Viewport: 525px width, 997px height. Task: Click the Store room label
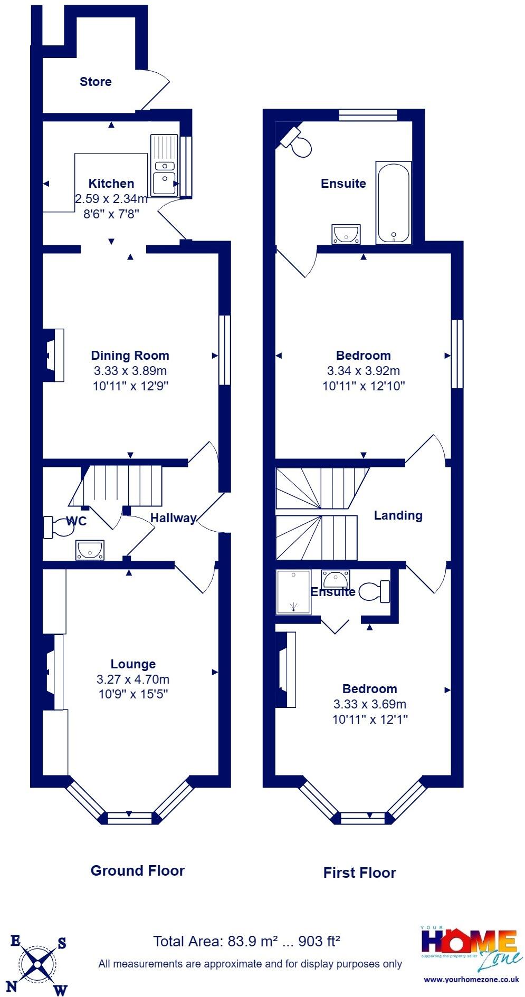click(x=96, y=82)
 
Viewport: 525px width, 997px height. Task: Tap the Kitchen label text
click(x=111, y=184)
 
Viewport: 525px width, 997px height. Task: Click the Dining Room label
click(x=130, y=356)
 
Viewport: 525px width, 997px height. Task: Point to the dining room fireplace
click(x=53, y=355)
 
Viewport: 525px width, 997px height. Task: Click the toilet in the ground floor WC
click(x=58, y=527)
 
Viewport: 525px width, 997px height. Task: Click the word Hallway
click(x=173, y=519)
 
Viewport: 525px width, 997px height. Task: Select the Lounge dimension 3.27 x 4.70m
click(x=133, y=679)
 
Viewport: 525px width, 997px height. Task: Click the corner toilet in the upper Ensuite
click(x=298, y=141)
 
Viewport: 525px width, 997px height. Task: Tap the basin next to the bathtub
click(x=346, y=234)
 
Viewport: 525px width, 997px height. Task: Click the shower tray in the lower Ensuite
click(x=294, y=592)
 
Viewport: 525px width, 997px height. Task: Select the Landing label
click(x=398, y=515)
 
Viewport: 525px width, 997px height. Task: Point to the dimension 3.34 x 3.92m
click(x=364, y=371)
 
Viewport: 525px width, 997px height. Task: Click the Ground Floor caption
click(x=138, y=871)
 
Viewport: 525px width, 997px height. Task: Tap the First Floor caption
click(x=359, y=873)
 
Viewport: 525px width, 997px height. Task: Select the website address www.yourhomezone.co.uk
click(x=471, y=980)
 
